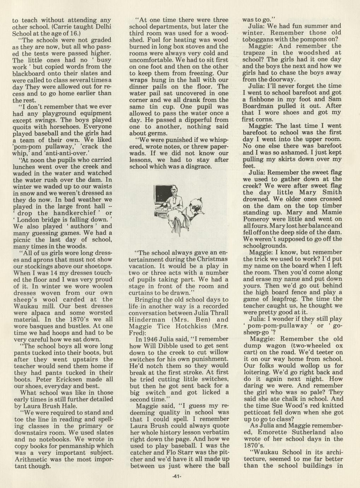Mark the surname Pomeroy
tap(259, 219)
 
